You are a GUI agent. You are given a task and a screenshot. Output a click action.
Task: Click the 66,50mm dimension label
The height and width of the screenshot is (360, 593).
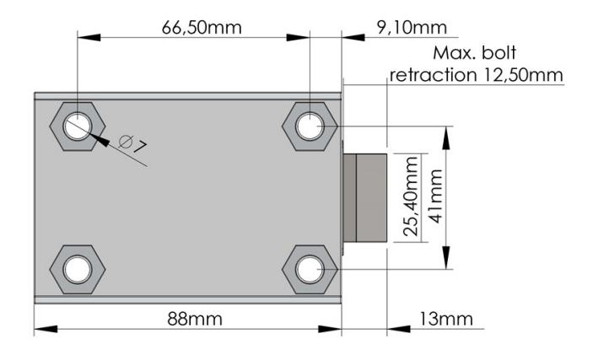[202, 28]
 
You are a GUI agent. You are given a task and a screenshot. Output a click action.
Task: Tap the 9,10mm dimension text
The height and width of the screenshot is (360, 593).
[412, 28]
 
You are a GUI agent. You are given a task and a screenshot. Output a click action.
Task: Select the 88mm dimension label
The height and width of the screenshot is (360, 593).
[195, 319]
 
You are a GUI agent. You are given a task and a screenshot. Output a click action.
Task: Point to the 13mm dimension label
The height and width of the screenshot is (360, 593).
[446, 319]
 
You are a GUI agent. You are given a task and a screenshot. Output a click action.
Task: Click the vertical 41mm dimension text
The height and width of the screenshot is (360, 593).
[435, 196]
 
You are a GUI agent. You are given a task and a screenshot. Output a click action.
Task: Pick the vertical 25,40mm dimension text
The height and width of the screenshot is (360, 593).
[411, 196]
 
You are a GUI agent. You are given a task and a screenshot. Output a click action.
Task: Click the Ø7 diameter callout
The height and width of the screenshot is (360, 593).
[132, 144]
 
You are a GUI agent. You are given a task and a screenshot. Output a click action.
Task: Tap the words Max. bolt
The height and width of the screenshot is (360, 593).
[475, 53]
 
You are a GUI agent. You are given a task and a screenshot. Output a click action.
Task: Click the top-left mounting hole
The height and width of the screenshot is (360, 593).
[78, 126]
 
